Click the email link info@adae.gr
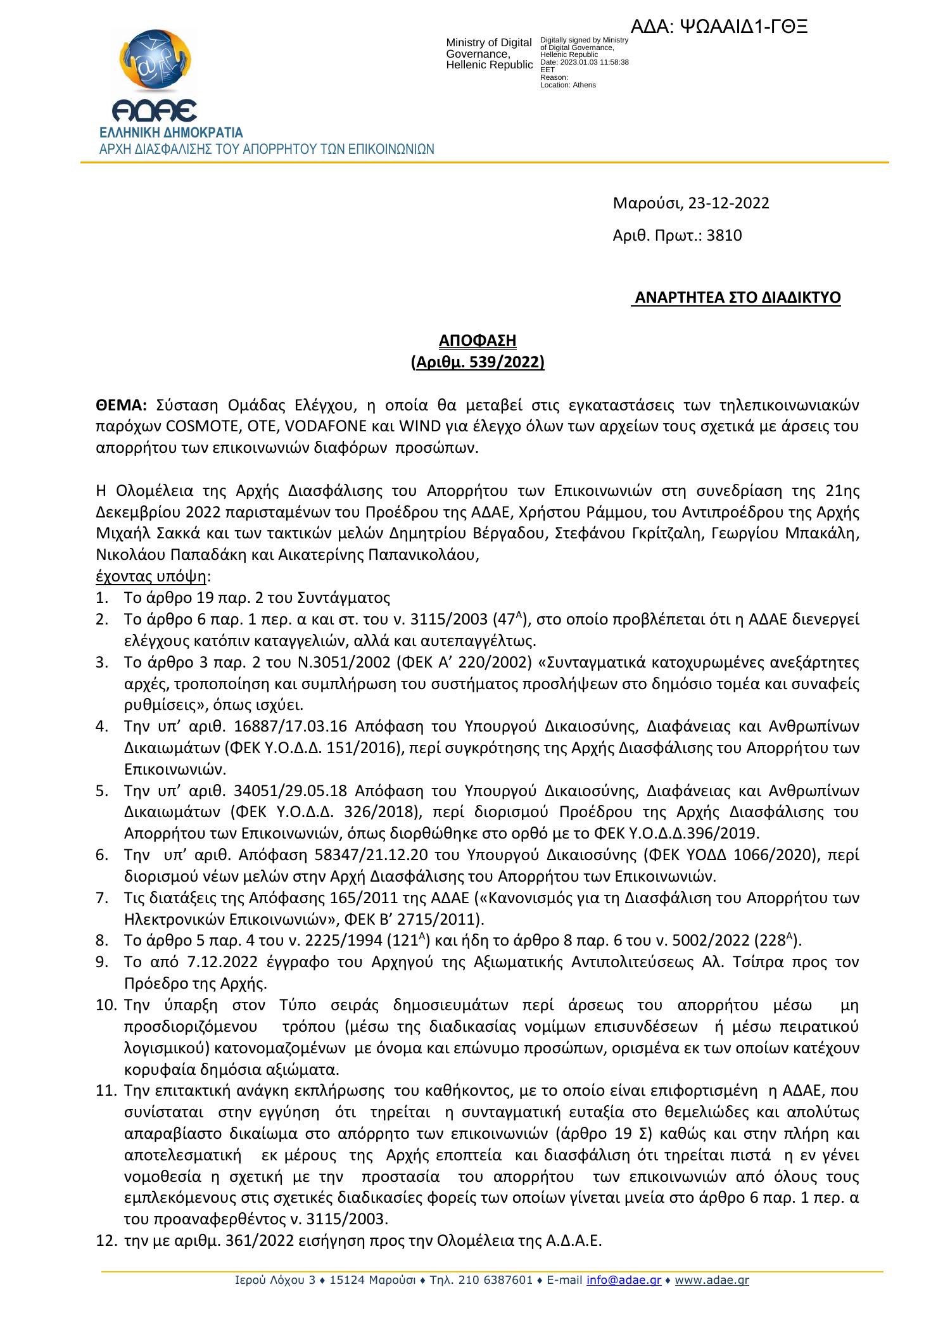pos(624,1280)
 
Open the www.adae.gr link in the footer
pos(712,1280)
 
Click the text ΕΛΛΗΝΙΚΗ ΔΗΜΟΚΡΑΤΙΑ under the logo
pos(170,134)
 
